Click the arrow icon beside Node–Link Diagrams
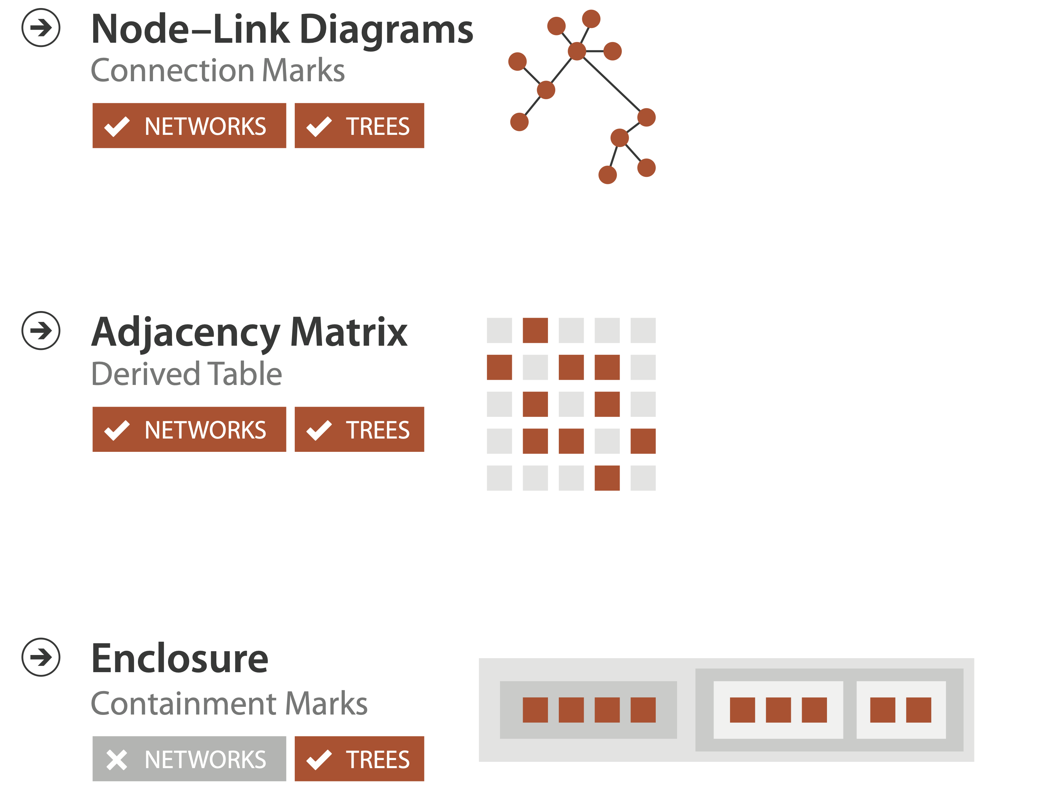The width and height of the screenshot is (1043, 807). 41,28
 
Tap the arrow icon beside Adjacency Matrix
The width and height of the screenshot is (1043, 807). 41,331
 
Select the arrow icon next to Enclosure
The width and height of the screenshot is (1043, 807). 41,657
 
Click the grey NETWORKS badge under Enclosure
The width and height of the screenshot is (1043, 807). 189,759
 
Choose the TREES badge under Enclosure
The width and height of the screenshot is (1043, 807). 359,759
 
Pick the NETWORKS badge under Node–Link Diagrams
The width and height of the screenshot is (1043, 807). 189,126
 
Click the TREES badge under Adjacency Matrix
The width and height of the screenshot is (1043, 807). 359,429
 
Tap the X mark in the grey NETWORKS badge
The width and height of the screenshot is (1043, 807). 117,760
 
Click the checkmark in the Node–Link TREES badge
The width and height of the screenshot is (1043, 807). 319,126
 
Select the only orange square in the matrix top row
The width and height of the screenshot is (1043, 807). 535,331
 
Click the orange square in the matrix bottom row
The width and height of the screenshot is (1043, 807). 607,478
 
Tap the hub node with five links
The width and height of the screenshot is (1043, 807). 577,51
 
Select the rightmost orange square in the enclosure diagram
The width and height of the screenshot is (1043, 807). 919,710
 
